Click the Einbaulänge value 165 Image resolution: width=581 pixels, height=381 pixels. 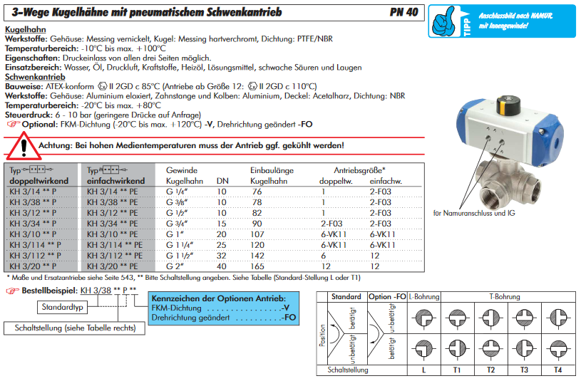[258, 266]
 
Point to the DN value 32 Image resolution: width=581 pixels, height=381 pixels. [222, 255]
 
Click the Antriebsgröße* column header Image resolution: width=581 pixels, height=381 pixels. [359, 171]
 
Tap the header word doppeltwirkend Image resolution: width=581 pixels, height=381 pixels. [38, 181]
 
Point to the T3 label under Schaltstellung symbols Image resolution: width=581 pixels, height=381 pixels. [524, 371]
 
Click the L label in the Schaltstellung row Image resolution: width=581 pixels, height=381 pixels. [423, 371]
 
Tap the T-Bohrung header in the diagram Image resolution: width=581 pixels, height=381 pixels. [504, 296]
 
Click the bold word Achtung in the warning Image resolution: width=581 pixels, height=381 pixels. [57, 145]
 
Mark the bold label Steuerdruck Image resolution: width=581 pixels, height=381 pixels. [28, 115]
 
